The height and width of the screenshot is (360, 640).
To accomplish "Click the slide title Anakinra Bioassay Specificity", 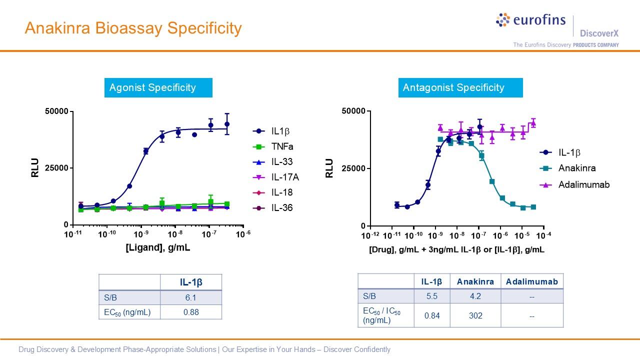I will point(133,28).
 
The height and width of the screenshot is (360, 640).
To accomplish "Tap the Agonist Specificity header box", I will point(158,87).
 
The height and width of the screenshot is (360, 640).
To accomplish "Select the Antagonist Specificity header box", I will point(460,87).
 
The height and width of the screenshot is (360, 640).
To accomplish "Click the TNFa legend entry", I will point(282,146).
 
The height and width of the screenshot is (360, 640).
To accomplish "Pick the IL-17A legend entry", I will point(285,177).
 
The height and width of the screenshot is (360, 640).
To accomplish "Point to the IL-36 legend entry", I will point(281,207).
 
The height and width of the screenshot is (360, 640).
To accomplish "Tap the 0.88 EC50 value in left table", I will point(191,312).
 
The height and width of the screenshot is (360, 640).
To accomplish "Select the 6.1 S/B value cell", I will point(191,297).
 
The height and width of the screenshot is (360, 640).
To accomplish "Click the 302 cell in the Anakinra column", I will point(475,315).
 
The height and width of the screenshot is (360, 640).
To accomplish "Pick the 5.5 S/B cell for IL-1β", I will point(431,296).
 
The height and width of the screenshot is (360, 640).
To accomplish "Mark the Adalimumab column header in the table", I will point(531,281).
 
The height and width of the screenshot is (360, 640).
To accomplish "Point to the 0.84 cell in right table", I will point(431,315).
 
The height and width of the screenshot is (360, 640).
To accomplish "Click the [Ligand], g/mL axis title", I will point(157,247).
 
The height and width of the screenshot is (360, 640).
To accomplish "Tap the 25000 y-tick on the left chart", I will point(57,168).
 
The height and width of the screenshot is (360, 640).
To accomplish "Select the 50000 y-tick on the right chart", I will point(353,111).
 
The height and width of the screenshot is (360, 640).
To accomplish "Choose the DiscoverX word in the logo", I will point(599,33).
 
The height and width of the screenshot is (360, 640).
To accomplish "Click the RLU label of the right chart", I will point(329,168).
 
